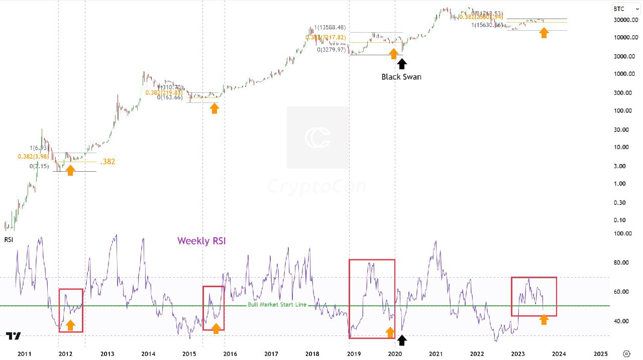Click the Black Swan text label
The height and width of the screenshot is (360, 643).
pos(401,77)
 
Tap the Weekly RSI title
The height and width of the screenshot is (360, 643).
pos(201,241)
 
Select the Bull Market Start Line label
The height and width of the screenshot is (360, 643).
pos(277,305)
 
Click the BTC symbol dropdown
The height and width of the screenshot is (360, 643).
pos(625,9)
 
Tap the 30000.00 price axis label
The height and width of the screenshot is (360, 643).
pos(626,20)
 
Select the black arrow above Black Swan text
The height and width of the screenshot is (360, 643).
pos(401,64)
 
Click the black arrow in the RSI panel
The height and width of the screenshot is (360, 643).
pos(401,340)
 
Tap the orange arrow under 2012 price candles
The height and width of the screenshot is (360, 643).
pos(70,170)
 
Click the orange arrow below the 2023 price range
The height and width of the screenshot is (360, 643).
pos(544,33)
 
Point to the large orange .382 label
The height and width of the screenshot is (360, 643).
pos(108,162)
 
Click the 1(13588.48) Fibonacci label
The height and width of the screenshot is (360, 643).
pos(331,28)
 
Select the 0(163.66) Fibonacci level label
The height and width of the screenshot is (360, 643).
pos(170,97)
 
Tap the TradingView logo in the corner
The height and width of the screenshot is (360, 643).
pos(14,336)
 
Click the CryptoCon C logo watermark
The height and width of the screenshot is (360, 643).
pos(317,138)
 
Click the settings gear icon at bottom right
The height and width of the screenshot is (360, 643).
pos(626,353)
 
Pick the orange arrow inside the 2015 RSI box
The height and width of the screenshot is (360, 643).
pos(216,328)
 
